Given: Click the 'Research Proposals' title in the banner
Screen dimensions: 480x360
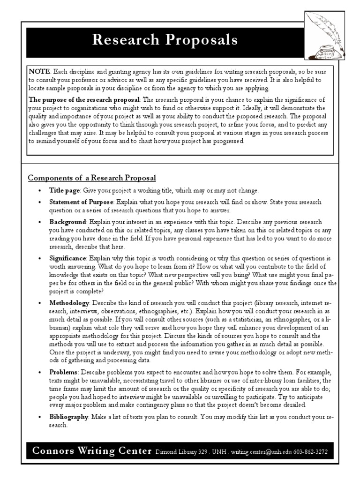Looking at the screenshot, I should (165, 40).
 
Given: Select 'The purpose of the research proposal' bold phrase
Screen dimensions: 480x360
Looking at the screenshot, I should (85, 100).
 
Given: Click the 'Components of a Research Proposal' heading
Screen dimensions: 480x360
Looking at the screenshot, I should (92, 178).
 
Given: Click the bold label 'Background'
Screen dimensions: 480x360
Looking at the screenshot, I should (68, 221).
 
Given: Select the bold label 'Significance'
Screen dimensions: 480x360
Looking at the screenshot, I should (68, 258).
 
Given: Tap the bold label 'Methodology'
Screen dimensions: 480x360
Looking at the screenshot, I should (69, 303).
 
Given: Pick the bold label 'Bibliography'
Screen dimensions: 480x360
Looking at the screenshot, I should (69, 416).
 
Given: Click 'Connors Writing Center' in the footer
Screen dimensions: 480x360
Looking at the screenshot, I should (92, 451).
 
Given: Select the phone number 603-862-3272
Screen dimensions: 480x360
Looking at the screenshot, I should (311, 452).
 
